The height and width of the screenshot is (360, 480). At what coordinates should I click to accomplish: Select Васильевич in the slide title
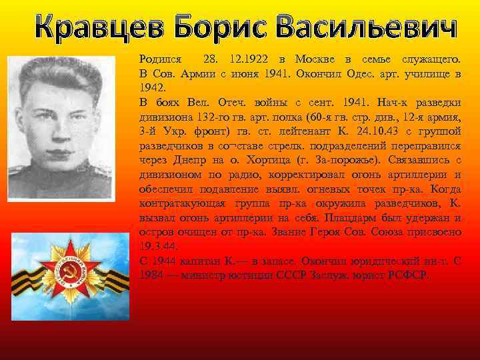(364, 29)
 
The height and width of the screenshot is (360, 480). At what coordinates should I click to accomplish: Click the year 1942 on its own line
(151, 87)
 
